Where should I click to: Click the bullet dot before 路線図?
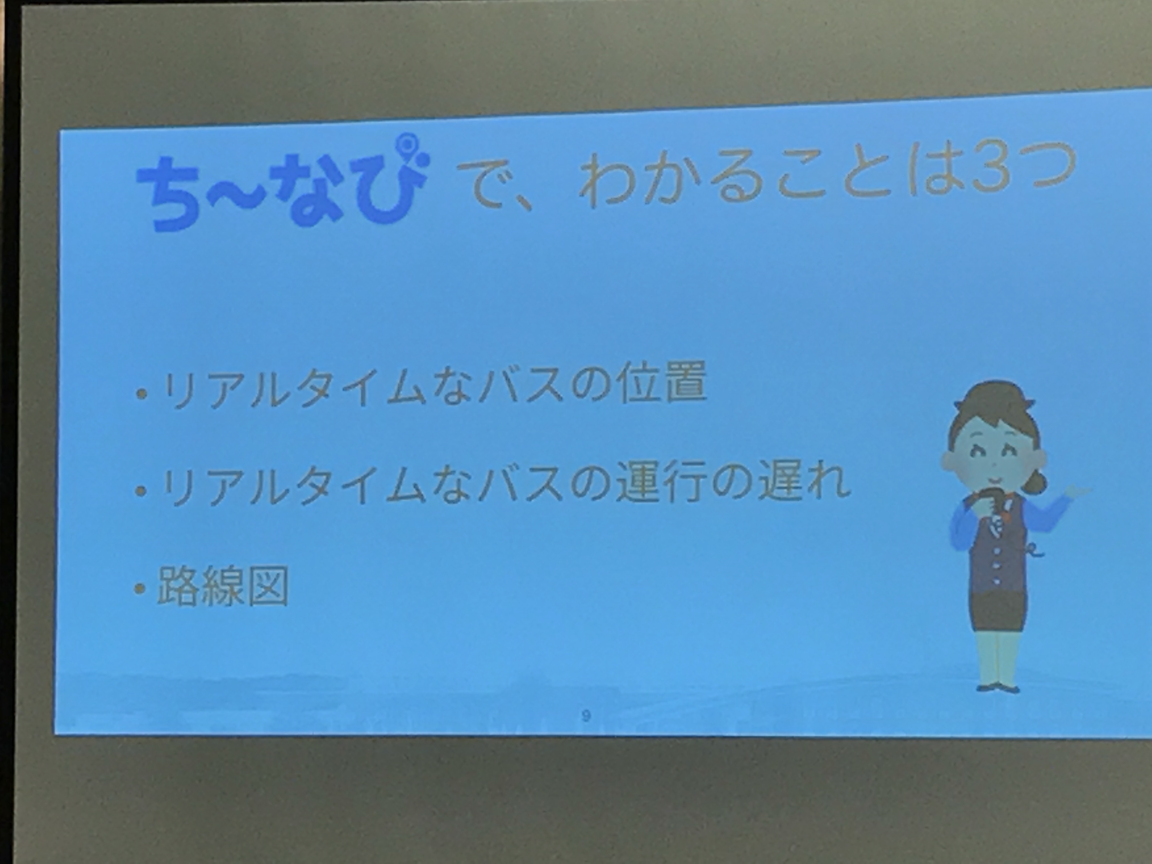[x=140, y=589]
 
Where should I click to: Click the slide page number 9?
[x=586, y=716]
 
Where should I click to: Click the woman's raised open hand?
[x=1078, y=493]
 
